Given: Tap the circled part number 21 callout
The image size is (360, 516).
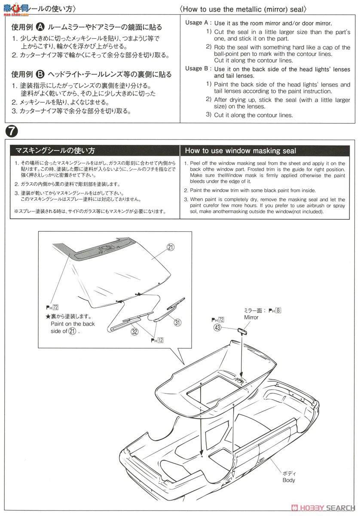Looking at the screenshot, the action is click(x=171, y=247).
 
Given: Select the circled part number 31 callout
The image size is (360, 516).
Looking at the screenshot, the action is click(x=177, y=322).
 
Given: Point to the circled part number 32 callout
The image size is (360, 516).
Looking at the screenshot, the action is click(x=134, y=332).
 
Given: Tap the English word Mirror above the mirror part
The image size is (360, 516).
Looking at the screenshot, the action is click(x=251, y=317).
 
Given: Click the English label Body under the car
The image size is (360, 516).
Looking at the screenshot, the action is click(x=289, y=480).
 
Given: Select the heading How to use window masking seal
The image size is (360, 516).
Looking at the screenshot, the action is click(x=240, y=150).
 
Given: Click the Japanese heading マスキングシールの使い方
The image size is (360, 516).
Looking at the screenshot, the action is click(x=55, y=150).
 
